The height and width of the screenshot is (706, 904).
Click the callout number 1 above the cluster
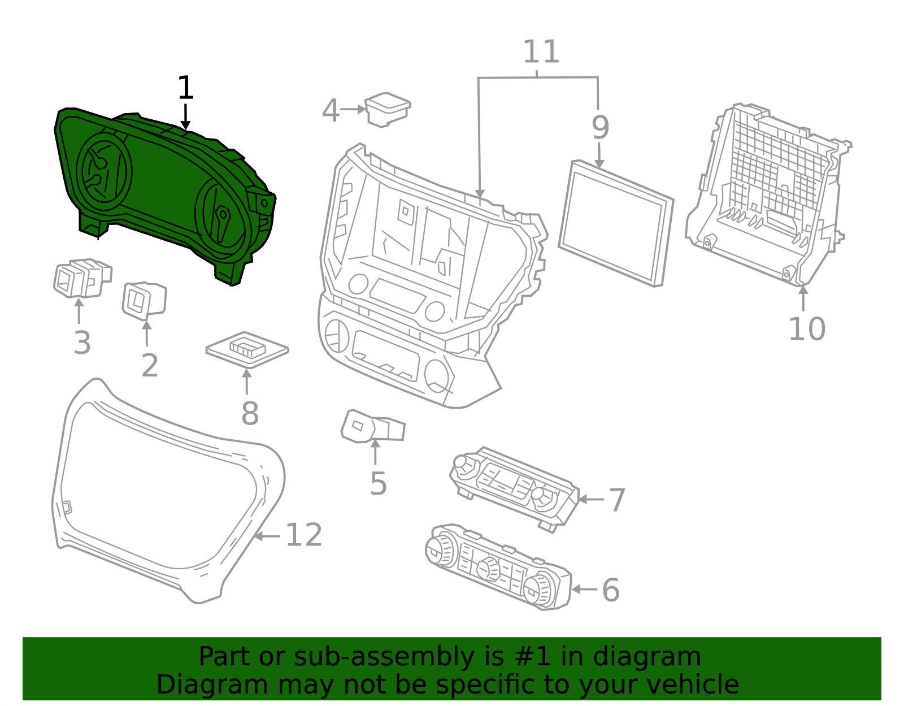pos(185,89)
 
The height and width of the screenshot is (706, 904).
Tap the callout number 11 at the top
pos(541,52)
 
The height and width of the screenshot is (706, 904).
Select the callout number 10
pos(806,329)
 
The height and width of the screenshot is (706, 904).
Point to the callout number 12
pos(304,535)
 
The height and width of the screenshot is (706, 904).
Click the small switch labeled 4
pos(387,110)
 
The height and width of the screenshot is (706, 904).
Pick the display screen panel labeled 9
pos(616,223)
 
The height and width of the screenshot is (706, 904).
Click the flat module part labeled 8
pos(247,349)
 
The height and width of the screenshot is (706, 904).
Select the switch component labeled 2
pos(144,300)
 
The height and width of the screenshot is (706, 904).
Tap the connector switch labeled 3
pos(81,279)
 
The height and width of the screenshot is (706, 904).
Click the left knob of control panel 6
pos(440,549)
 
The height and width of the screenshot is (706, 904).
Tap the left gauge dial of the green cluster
pos(104,171)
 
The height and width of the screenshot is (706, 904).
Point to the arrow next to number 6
pos(584,589)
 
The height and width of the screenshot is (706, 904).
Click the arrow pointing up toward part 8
pos(247,382)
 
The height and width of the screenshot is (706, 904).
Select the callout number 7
pos(617,500)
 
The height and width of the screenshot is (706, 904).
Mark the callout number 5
pos(378,484)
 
